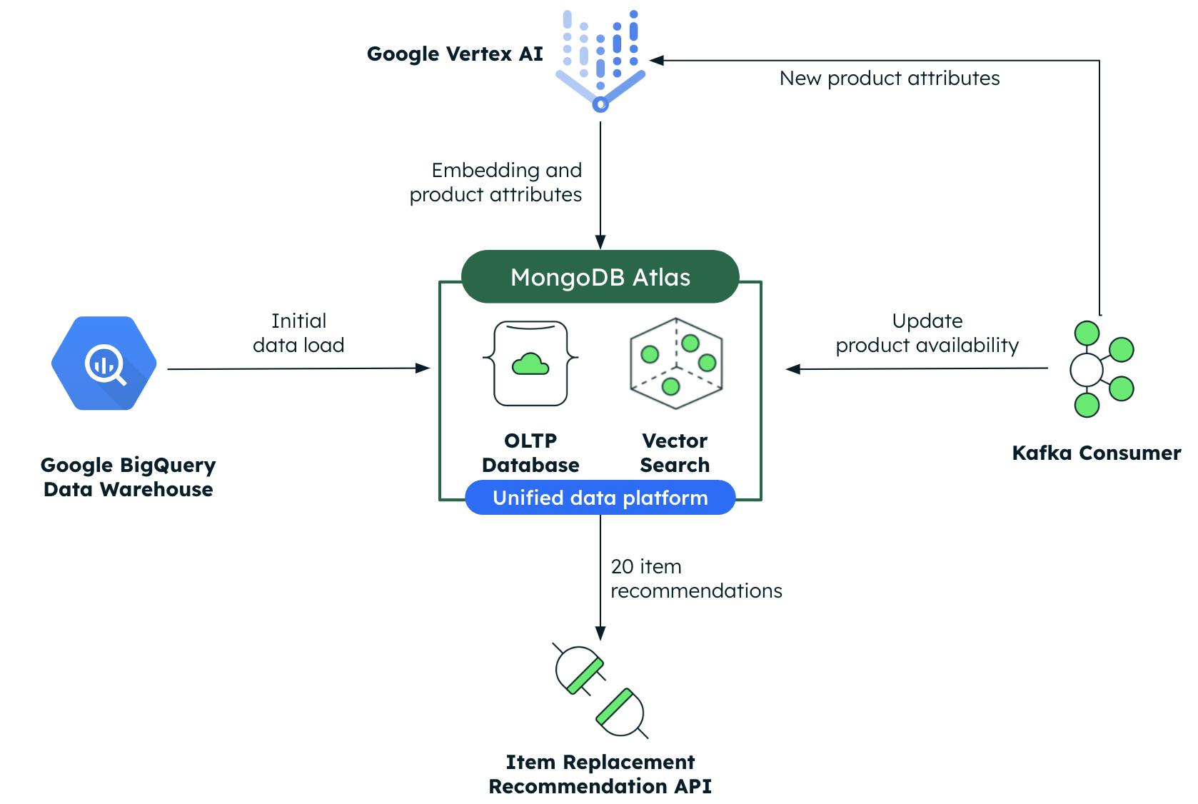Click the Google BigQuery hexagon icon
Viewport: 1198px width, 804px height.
[104, 363]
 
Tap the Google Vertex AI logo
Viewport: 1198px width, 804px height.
[600, 61]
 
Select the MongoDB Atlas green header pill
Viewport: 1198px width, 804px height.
[600, 277]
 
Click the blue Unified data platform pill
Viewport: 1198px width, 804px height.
[600, 498]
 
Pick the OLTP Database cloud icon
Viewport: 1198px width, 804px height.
[530, 363]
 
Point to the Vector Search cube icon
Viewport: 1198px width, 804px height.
[675, 363]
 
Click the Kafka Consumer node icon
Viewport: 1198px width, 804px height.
[1099, 368]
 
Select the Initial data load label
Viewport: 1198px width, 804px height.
[298, 333]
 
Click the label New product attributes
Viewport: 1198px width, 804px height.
[890, 79]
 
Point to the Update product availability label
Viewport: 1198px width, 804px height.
[927, 333]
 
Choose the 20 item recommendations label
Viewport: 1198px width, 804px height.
[696, 578]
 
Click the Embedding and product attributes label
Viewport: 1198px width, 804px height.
[496, 182]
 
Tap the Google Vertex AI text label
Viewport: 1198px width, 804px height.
[455, 54]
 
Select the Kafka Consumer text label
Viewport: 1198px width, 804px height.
[1097, 453]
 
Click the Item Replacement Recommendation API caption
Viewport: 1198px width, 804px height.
[600, 774]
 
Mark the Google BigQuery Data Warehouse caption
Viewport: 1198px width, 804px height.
[129, 477]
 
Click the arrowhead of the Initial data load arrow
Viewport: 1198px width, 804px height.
[423, 368]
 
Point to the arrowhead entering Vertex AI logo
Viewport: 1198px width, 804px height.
[657, 61]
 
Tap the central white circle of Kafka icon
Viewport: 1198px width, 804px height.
[1087, 369]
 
